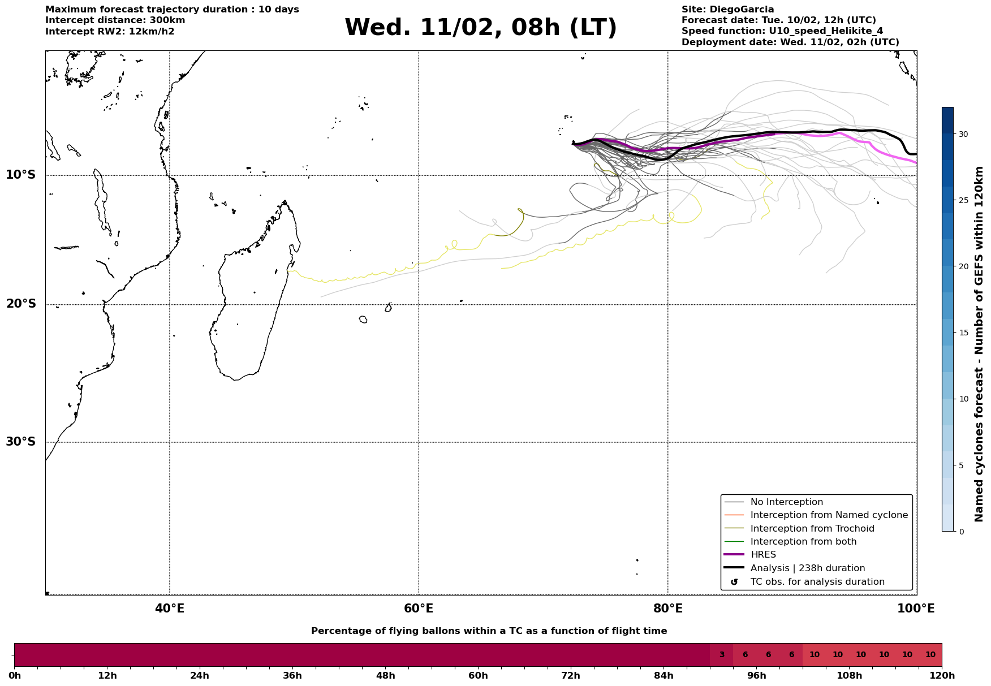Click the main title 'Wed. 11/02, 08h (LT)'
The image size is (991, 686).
480,28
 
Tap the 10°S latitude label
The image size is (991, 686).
21,175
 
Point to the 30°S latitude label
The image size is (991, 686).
21,442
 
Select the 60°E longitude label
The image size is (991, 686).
419,609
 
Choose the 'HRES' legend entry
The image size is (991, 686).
763,555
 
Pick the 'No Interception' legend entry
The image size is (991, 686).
786,502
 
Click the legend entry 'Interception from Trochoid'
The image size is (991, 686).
812,529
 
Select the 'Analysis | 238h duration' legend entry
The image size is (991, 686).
807,568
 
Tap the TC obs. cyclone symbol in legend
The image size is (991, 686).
734,582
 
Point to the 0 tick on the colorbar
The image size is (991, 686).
963,532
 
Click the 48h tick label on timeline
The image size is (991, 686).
385,676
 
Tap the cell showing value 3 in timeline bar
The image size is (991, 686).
722,655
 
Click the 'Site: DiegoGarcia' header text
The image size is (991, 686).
727,10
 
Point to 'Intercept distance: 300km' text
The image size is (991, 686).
115,20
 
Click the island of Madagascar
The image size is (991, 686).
249,311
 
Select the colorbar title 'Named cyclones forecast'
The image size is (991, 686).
979,344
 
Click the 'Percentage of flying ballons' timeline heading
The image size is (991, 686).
489,631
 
